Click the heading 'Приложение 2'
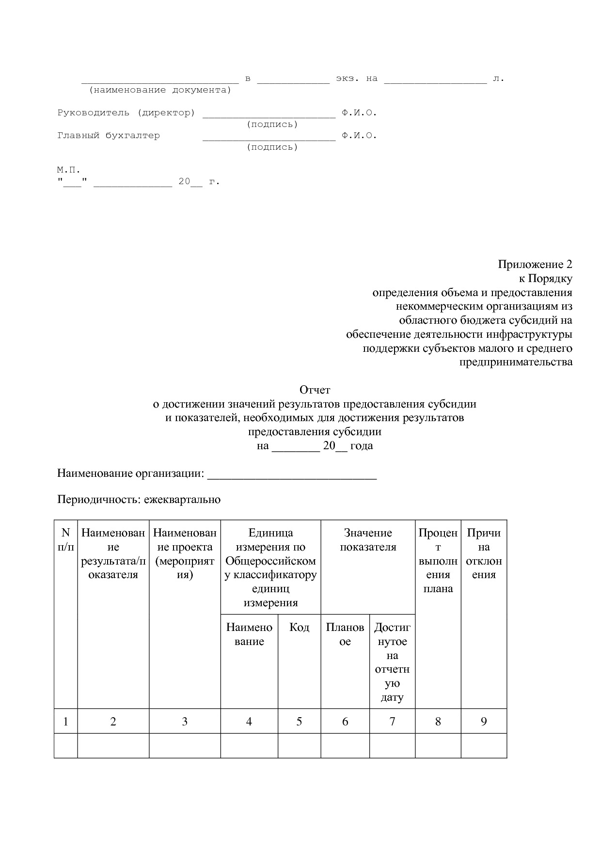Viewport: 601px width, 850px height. [535, 265]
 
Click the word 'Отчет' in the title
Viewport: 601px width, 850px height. [315, 390]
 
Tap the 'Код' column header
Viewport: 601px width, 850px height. [299, 627]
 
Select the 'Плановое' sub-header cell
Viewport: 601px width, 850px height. [345, 634]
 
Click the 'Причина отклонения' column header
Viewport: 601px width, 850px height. [483, 553]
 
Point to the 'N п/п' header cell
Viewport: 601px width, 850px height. [66, 540]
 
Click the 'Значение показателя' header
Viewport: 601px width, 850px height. [367, 540]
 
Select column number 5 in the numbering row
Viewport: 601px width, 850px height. [299, 722]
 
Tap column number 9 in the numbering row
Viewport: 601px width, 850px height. [483, 722]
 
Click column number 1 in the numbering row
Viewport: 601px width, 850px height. [66, 722]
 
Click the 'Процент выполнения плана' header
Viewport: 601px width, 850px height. [438, 561]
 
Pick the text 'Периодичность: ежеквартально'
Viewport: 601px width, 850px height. [139, 500]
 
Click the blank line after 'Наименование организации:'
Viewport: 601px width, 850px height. [292, 474]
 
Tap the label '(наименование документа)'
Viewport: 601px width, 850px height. [160, 90]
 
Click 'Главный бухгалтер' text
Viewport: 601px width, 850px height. [109, 136]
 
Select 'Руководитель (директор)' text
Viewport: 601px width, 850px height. [126, 113]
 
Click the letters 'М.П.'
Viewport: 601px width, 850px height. [68, 170]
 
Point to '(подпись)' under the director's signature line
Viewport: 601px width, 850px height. [272, 125]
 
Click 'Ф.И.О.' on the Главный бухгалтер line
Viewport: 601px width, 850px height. [359, 136]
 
